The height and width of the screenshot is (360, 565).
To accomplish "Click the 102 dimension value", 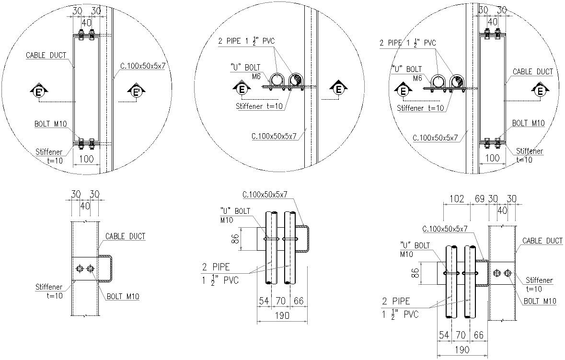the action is [x=457, y=198].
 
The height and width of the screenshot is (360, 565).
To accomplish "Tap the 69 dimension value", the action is [x=479, y=198].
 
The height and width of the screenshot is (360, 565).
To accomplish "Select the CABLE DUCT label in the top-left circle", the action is [x=46, y=55].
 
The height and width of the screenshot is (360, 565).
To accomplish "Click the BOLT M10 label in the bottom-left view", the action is [x=123, y=297].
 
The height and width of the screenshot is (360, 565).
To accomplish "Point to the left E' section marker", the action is [x=38, y=92].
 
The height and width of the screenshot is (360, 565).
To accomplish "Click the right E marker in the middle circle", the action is [x=338, y=88].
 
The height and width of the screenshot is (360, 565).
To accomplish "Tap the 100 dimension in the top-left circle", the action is [x=86, y=159].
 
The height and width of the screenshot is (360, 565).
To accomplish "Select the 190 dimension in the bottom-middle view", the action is [x=282, y=316].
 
